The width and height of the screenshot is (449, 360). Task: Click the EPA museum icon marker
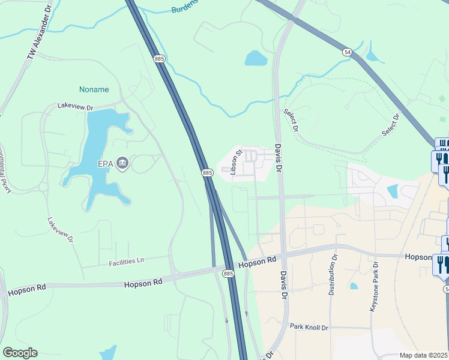122,163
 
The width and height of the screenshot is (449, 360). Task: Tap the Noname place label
94,89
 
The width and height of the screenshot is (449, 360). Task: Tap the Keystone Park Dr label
373,289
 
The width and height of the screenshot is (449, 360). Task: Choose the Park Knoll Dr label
309,327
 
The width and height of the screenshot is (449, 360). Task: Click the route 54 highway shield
347,52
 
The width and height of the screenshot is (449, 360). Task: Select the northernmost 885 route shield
159,59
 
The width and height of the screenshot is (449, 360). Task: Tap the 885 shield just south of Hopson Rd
228,274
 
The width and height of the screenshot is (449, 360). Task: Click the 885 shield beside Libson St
207,173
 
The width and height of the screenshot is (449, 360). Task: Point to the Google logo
20,353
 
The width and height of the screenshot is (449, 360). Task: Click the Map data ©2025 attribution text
424,355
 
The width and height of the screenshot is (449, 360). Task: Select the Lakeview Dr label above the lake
76,106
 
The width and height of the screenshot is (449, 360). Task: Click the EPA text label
107,163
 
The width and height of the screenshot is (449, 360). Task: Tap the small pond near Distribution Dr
353,286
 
